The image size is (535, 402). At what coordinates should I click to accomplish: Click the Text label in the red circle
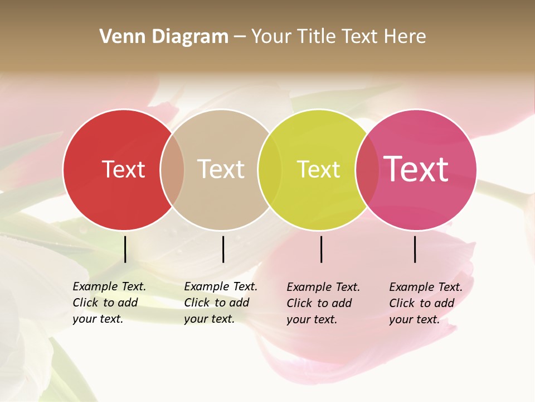point(123,169)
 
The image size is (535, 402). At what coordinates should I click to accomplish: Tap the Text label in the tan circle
point(221,169)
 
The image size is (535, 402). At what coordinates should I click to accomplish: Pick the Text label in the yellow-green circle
point(318,169)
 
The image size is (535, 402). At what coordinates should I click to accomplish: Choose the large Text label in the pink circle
point(416,169)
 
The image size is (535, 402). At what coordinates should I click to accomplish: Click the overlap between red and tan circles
point(172,169)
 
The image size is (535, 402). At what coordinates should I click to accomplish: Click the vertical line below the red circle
point(125,249)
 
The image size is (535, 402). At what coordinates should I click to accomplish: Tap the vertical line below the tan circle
point(223,249)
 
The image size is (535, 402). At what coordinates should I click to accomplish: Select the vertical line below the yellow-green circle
point(321,249)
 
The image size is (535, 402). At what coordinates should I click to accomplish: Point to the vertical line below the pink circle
point(415,249)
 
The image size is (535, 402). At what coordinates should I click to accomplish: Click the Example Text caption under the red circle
point(109,303)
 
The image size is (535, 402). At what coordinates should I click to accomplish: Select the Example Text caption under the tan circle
point(221,303)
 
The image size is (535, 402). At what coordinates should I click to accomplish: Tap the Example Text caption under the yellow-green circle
point(323,303)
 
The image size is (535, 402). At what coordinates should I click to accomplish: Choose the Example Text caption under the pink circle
point(426,303)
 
